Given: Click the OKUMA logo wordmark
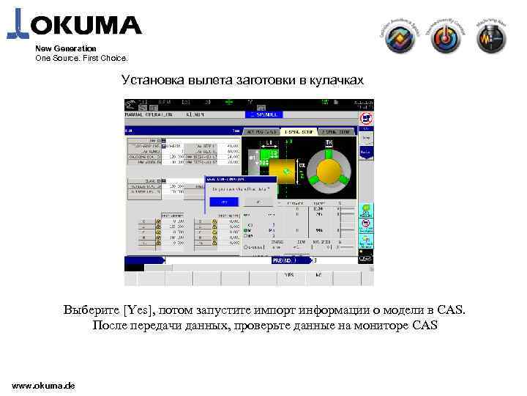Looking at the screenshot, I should [x=84, y=26].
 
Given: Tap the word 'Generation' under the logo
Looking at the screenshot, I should [x=75, y=48].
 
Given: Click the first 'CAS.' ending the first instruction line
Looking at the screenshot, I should [x=448, y=309].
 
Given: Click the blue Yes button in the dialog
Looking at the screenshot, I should [x=225, y=201].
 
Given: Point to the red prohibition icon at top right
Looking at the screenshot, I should [x=367, y=117].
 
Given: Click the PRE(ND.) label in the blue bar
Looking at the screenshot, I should [x=283, y=260].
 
